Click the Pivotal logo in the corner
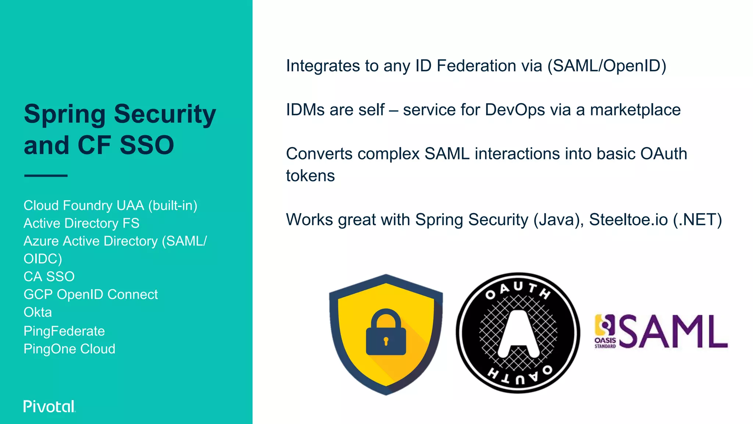(x=49, y=406)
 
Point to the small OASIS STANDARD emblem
(x=605, y=331)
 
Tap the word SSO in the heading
(x=147, y=145)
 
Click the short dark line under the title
(x=46, y=176)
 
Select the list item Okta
(x=38, y=312)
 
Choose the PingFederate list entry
(x=64, y=331)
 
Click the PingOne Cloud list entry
(x=69, y=349)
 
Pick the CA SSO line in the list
(x=49, y=276)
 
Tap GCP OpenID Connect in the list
(x=90, y=294)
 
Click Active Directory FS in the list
(x=81, y=223)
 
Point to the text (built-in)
(x=172, y=205)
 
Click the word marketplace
(x=635, y=110)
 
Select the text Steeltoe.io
(x=628, y=220)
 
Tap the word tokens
(x=310, y=176)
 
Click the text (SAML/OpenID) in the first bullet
(x=607, y=66)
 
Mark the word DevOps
(x=515, y=110)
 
